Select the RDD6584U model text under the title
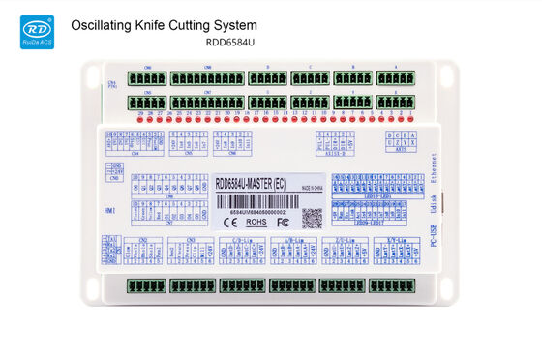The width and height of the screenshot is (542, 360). coord(228,43)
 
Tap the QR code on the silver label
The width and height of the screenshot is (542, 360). coord(312,216)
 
